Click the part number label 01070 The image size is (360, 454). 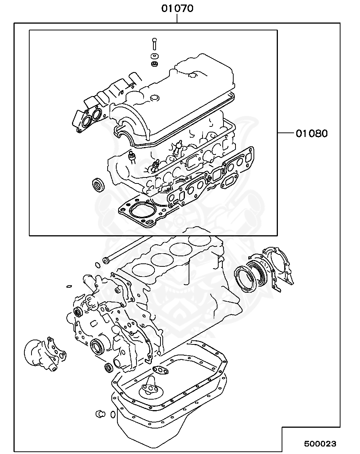point(177,8)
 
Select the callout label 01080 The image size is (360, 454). point(312,133)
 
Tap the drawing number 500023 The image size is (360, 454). point(320,444)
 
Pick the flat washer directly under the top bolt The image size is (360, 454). point(154,57)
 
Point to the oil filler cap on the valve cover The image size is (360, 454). point(154,99)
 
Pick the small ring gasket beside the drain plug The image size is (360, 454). point(112,414)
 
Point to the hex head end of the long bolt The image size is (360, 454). point(106,260)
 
